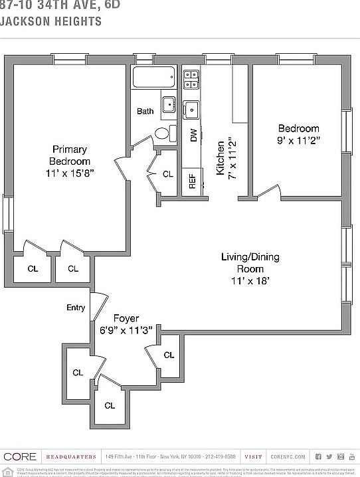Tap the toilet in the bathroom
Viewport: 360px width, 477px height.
[x=164, y=132]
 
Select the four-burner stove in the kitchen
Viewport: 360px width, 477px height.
[x=191, y=79]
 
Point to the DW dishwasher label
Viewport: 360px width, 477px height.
[x=193, y=136]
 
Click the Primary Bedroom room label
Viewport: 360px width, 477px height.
[x=70, y=155]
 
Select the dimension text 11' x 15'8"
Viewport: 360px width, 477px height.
[x=70, y=173]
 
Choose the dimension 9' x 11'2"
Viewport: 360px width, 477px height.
[x=298, y=140]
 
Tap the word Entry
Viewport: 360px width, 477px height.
[x=76, y=307]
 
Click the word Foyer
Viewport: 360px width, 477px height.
[x=126, y=318]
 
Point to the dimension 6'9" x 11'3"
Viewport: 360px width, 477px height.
[x=126, y=330]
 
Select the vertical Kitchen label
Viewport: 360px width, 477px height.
[x=221, y=157]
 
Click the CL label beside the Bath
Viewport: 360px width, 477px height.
[x=168, y=175]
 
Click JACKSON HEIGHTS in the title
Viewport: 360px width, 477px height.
[x=51, y=21]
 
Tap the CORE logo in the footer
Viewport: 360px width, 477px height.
[x=20, y=456]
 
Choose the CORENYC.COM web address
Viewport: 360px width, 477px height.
[x=288, y=456]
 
